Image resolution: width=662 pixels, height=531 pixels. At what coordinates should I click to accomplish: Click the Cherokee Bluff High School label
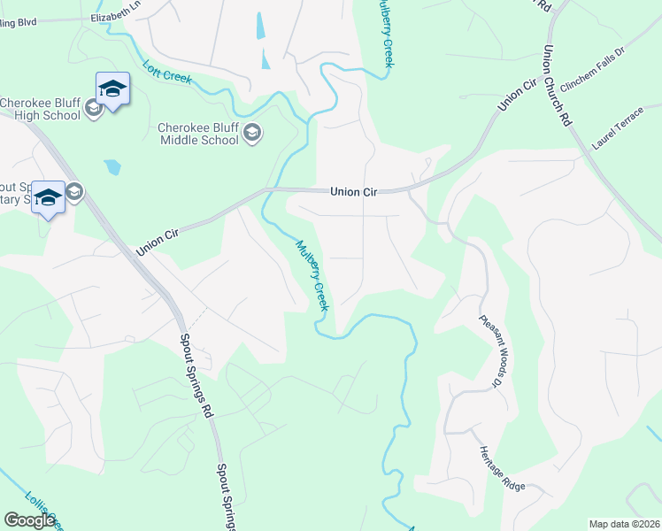41,109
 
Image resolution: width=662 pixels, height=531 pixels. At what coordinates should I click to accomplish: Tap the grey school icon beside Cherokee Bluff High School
94,109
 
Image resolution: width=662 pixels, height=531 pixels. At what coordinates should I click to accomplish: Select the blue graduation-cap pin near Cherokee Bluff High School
112,88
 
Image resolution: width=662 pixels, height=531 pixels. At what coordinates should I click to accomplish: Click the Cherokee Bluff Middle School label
198,134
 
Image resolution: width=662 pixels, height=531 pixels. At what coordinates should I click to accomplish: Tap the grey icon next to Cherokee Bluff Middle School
252,133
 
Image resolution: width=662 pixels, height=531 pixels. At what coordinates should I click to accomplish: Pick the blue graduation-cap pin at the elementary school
49,196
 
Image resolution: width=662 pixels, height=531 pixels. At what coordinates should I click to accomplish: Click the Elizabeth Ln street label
116,17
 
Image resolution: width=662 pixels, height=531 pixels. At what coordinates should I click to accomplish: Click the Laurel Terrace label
619,132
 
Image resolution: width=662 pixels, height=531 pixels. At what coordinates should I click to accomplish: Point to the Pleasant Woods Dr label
491,351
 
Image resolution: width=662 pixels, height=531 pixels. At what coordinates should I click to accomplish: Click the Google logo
29,520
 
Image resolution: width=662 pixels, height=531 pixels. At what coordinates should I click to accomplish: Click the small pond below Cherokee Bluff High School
112,166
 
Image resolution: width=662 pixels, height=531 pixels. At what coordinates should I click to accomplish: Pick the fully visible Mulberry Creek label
312,275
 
